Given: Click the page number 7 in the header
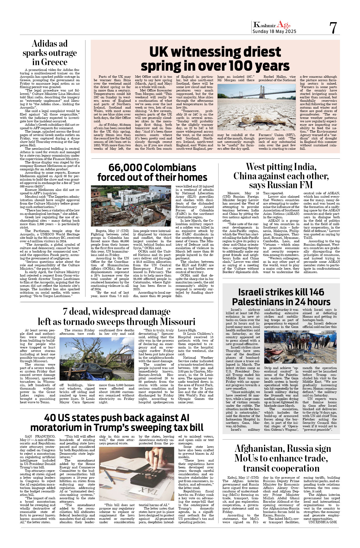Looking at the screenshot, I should (333, 28).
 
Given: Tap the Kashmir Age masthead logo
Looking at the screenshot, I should (272, 25).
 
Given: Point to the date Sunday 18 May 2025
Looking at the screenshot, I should (274, 31).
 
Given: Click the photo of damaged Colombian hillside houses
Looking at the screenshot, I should (131, 206).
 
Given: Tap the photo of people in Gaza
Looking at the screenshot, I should (300, 347).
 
